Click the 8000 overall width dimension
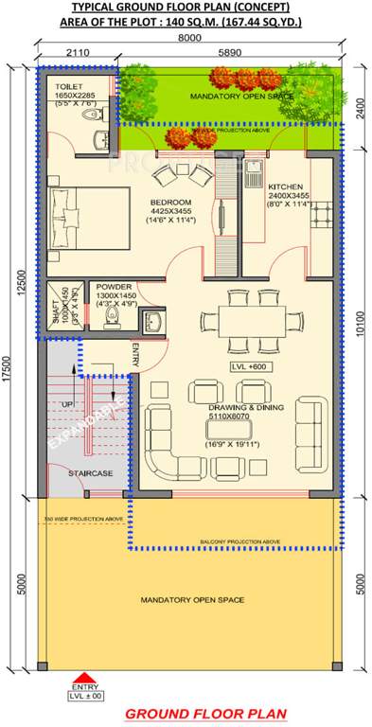(x=189, y=38)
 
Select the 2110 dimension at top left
(x=79, y=54)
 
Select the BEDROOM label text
(x=170, y=202)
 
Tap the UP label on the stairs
(x=65, y=403)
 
